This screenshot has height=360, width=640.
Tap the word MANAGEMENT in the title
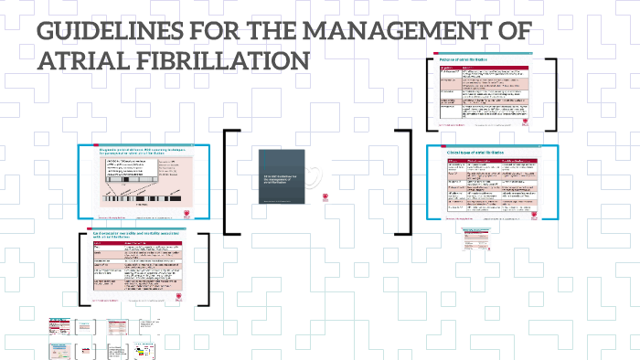(x=399, y=32)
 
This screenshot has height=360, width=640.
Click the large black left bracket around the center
(x=229, y=182)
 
